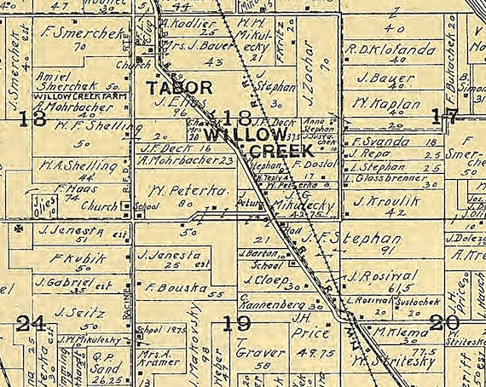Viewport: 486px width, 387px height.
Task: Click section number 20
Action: tap(445, 322)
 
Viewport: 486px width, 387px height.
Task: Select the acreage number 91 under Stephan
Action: tap(391, 250)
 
